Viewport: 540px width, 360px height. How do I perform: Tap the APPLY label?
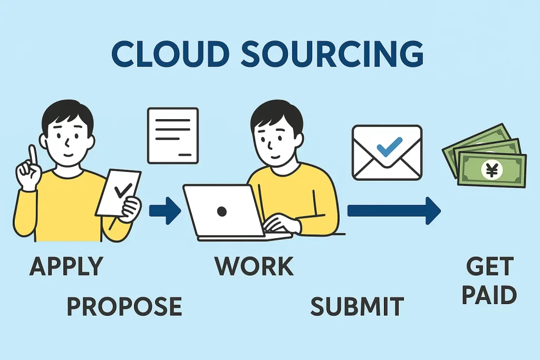pyautogui.click(x=66, y=266)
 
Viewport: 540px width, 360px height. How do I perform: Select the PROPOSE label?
pyautogui.click(x=124, y=306)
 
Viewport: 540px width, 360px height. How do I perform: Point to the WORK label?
pyautogui.click(x=254, y=266)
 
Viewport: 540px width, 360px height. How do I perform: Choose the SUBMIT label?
pyautogui.click(x=357, y=306)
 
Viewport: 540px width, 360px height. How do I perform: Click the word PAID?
pyautogui.click(x=489, y=295)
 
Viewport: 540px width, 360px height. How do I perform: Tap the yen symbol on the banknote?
pyautogui.click(x=493, y=170)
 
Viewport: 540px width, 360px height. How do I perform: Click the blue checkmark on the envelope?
pyautogui.click(x=389, y=145)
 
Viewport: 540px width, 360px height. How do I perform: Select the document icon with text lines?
pyautogui.click(x=173, y=135)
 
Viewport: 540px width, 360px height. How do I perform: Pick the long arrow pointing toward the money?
pyautogui.click(x=393, y=211)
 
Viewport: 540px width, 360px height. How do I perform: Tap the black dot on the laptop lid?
pyautogui.click(x=221, y=211)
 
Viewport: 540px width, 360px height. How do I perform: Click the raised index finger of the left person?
pyautogui.click(x=33, y=155)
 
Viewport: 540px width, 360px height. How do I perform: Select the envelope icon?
pyautogui.click(x=387, y=152)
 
